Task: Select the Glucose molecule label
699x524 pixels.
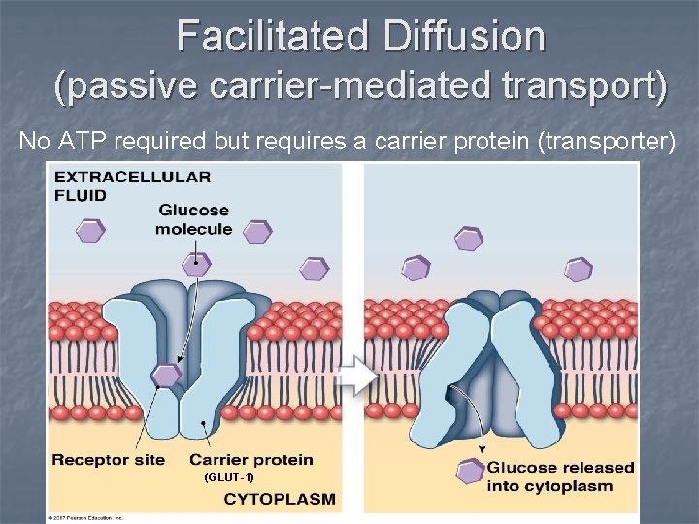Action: pos(193,219)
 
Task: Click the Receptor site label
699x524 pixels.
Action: pos(108,459)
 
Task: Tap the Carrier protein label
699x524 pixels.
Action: pos(250,459)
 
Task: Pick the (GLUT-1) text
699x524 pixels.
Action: pos(229,477)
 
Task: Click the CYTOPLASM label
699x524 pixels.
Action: pos(280,500)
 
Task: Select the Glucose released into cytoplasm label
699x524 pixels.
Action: pos(560,476)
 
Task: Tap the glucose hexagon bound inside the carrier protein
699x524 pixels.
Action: pos(166,375)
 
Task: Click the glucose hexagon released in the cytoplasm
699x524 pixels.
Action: pos(470,473)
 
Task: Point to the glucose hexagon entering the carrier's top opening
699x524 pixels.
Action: pos(196,261)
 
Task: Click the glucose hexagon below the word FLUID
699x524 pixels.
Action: pos(90,231)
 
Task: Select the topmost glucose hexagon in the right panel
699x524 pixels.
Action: pos(469,239)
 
